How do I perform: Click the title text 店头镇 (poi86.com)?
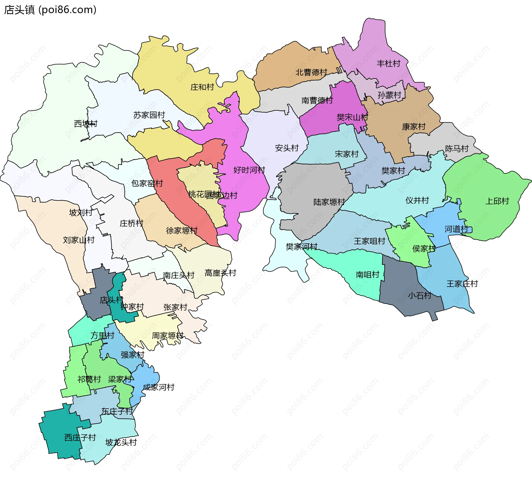50,10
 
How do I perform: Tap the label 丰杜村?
388,63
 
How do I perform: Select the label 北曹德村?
311,72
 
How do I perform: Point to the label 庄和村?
202,87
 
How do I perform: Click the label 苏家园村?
149,115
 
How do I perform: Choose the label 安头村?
287,148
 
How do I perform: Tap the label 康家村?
414,127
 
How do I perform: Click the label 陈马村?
457,149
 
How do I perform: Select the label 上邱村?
497,201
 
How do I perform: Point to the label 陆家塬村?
329,202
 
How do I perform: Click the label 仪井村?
417,200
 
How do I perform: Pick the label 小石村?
420,296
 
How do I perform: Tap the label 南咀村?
367,274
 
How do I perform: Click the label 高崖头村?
220,273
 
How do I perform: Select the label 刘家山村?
79,240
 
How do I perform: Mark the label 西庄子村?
80,438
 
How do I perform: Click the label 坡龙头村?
121,442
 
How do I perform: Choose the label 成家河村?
158,387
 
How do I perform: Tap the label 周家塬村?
168,335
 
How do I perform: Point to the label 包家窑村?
147,183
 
